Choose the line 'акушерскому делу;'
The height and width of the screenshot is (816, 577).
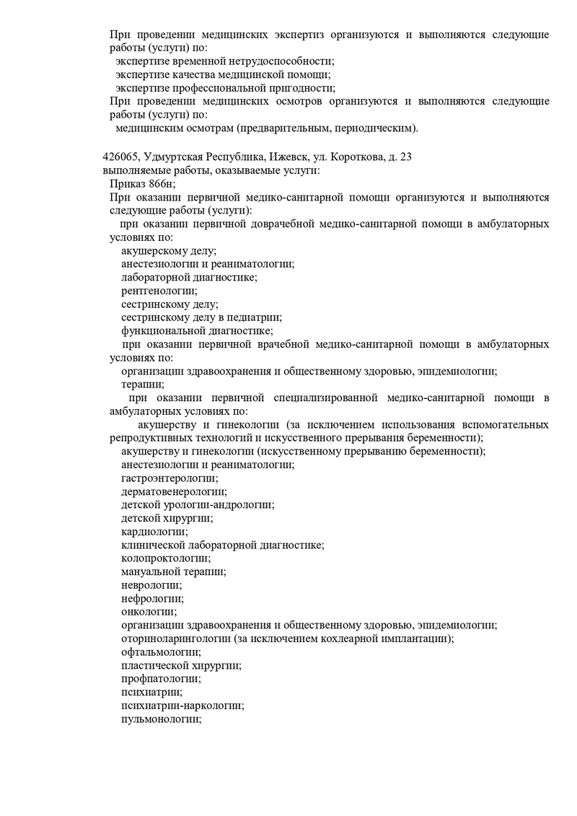click(x=169, y=250)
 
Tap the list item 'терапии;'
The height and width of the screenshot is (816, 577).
click(x=142, y=385)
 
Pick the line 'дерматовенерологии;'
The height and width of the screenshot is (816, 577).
click(x=174, y=491)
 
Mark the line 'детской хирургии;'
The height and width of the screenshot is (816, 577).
click(x=167, y=518)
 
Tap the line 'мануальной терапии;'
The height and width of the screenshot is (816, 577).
click(x=173, y=571)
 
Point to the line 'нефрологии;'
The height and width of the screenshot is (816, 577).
click(x=152, y=598)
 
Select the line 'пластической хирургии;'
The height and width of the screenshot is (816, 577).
click(x=181, y=665)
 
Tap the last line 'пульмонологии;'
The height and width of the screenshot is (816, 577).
click(x=161, y=719)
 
